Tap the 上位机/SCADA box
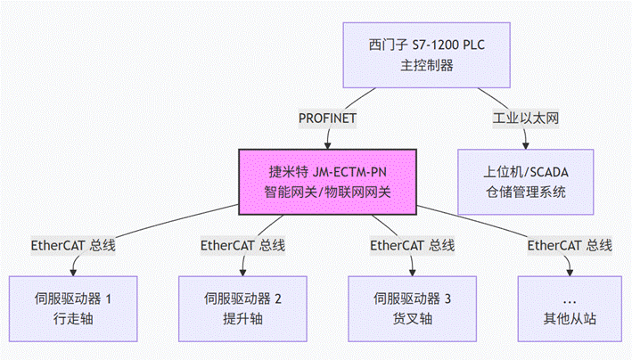coord(525,181)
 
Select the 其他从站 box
coord(569,308)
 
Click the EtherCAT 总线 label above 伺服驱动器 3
coord(412,245)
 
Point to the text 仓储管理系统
coord(525,192)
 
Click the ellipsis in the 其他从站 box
coord(569,299)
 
